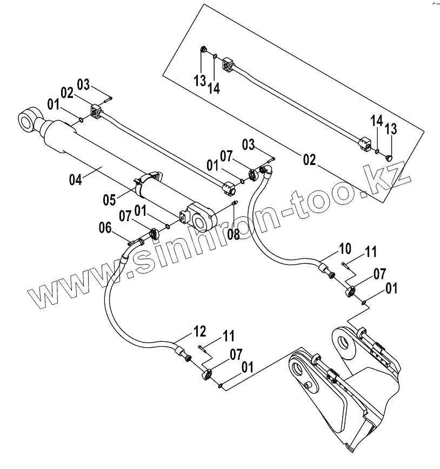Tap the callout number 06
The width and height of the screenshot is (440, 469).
click(x=105, y=228)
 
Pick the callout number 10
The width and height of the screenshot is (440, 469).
click(x=345, y=249)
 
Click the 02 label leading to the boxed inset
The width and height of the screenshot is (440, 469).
click(x=310, y=160)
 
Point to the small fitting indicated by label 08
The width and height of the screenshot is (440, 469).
click(x=235, y=203)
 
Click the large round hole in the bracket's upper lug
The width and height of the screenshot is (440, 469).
click(x=342, y=343)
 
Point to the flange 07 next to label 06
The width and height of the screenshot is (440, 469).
click(x=153, y=233)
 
